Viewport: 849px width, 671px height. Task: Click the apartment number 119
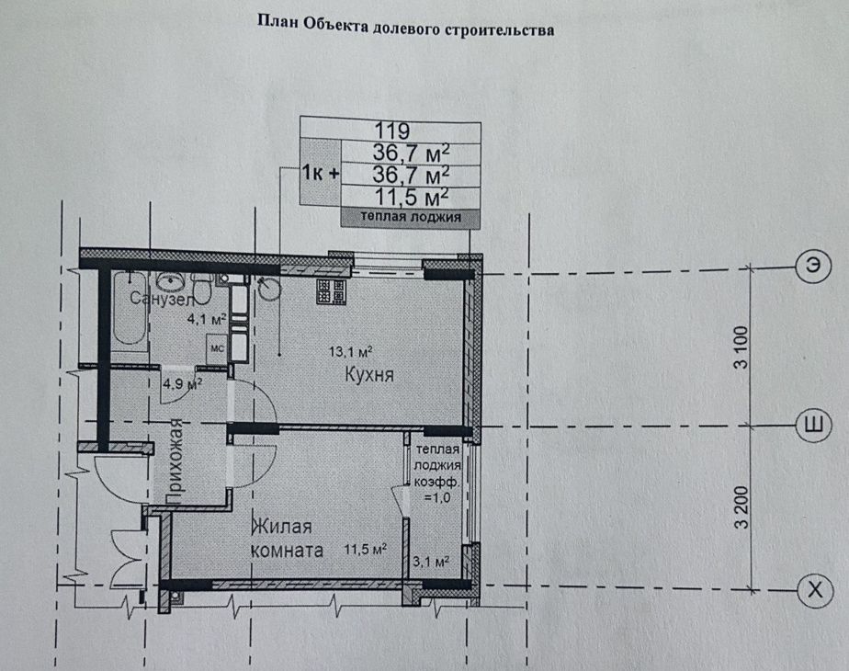(392, 131)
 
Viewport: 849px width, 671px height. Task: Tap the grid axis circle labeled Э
(812, 266)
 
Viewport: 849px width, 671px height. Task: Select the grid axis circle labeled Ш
(814, 424)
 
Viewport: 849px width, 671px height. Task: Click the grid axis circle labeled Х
(815, 588)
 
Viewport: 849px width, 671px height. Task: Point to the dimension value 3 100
(741, 347)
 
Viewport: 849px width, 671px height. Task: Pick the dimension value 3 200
(741, 507)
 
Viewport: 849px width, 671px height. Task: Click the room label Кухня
(369, 375)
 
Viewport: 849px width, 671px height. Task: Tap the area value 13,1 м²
(350, 352)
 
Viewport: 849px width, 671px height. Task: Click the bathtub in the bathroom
(130, 309)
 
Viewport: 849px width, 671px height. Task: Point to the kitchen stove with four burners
(331, 291)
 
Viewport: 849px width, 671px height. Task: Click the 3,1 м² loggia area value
(431, 562)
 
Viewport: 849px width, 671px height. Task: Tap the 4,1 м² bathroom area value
(207, 319)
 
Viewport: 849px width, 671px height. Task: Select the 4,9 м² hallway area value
(183, 384)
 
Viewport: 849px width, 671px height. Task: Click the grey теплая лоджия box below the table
(411, 217)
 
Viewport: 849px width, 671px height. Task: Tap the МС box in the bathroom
(217, 349)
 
